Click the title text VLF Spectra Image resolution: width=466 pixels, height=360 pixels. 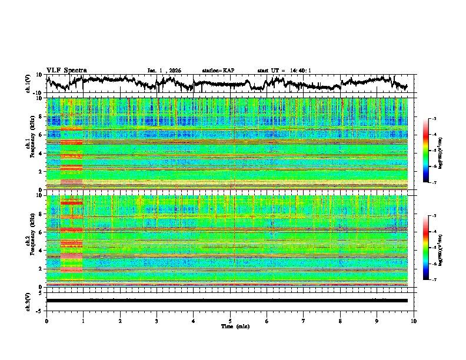click(x=66, y=70)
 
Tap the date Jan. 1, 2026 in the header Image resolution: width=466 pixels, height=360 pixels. click(x=164, y=71)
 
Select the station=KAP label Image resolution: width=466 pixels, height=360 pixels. click(x=218, y=71)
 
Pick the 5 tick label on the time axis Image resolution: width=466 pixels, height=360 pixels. click(x=230, y=321)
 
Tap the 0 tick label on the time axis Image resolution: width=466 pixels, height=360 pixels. click(x=46, y=321)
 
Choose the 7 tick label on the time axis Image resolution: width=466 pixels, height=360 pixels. click(x=304, y=321)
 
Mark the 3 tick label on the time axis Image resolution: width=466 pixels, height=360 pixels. click(x=157, y=321)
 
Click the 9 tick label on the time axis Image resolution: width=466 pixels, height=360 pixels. click(x=377, y=321)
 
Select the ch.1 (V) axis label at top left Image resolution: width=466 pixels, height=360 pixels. click(x=28, y=84)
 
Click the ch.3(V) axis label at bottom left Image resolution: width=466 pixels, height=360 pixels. click(x=28, y=300)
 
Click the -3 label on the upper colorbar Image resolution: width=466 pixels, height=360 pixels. click(x=434, y=119)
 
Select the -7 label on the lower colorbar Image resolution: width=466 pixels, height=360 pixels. click(x=434, y=280)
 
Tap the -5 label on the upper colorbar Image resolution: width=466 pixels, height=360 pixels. click(x=434, y=151)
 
